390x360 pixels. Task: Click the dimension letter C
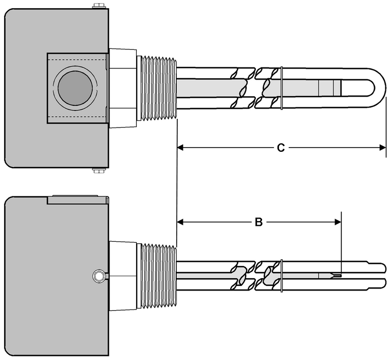coord(281,148)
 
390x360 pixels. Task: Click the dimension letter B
coord(259,222)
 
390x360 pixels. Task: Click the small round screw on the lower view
coord(98,277)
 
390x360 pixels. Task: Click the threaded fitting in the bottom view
coord(158,277)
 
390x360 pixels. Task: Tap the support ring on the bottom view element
coord(282,277)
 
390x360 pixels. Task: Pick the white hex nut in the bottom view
coord(123,277)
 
